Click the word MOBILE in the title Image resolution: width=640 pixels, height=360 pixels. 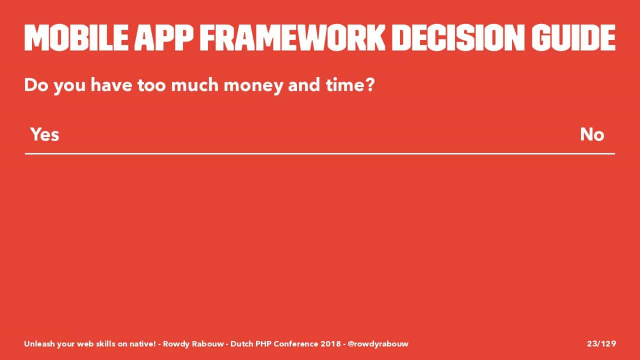[76, 38]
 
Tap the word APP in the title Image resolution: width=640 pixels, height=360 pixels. [164, 38]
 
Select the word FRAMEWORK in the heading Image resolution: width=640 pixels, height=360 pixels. [292, 38]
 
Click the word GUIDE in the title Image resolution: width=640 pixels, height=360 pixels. [573, 38]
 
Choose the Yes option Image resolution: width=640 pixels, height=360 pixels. [45, 134]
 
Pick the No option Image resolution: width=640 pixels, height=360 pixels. [592, 134]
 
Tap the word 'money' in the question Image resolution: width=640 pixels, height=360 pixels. [253, 85]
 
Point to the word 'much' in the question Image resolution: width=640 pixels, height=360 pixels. [195, 85]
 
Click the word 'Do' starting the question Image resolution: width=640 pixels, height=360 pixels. [36, 85]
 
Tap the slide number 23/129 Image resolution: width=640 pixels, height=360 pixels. [601, 343]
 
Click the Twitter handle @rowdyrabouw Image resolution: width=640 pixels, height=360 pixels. [378, 344]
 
